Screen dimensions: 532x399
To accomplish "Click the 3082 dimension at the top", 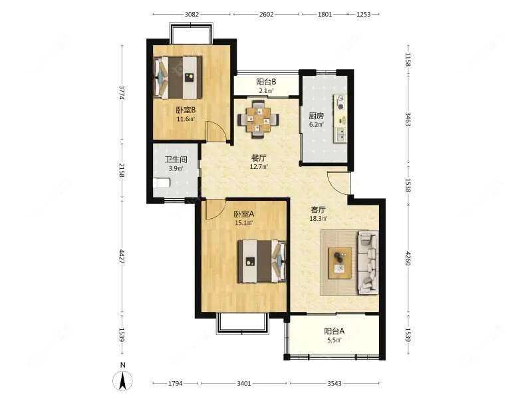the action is pos(192,14).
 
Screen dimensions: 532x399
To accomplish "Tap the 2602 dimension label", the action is pos(267,14).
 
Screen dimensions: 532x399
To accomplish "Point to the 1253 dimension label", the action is pos(363,14).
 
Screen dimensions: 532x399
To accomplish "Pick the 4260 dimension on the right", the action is pos(408,258).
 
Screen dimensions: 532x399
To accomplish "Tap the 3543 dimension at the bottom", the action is pos(334,384).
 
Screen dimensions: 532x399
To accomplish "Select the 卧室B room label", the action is pos(186,110).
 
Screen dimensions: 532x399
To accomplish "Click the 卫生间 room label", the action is pos(176,160).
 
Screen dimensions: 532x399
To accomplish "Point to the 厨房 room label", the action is pos(317,116).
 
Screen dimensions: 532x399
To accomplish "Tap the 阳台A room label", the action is pos(334,331).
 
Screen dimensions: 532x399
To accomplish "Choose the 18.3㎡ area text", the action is pos(319,219).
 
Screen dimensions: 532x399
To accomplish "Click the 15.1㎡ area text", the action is pos(243,223).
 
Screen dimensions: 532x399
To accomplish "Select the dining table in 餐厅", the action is pos(259,119).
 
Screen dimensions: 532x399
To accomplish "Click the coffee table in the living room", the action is pos(340,263).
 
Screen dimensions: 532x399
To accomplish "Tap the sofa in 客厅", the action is pos(368,263).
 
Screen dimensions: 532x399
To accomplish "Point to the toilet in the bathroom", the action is pos(162,184).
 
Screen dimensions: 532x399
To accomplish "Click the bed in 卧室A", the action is pos(261,261).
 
